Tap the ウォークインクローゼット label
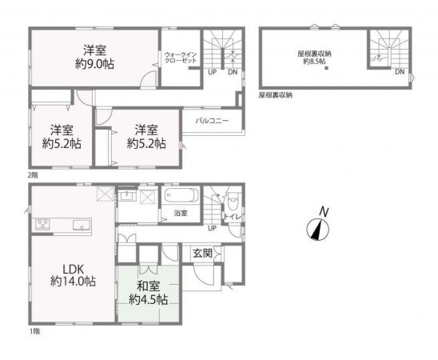(x=181, y=58)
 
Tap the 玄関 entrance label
(x=202, y=253)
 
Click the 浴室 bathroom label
(x=181, y=213)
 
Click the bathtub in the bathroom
(x=181, y=197)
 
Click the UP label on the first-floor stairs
(x=212, y=228)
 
